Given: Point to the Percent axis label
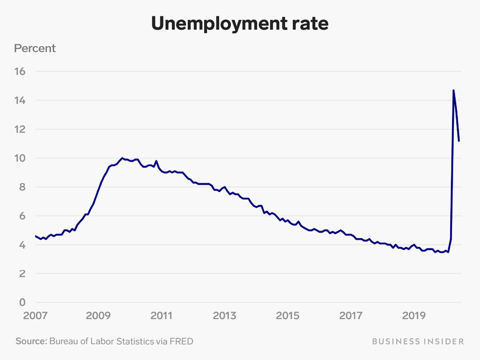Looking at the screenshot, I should point(35,48).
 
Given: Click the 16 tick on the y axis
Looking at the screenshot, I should point(21,71).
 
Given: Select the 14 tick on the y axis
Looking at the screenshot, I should point(21,100).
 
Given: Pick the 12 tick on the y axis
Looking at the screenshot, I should point(21,129).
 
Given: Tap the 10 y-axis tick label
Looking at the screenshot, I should point(21,158).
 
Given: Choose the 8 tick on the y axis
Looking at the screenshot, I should point(22,187).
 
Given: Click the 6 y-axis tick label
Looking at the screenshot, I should point(22,216).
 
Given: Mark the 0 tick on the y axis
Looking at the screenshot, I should point(22,302).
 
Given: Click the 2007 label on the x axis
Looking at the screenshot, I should point(35,316).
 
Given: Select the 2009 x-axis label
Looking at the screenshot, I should point(98,316).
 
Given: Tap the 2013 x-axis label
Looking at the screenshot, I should point(224,316).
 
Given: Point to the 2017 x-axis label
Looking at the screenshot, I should point(351,316).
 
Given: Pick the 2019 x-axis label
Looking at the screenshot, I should point(414,316).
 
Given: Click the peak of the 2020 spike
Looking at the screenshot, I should point(453,90).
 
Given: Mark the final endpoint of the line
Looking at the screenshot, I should point(459,141).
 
